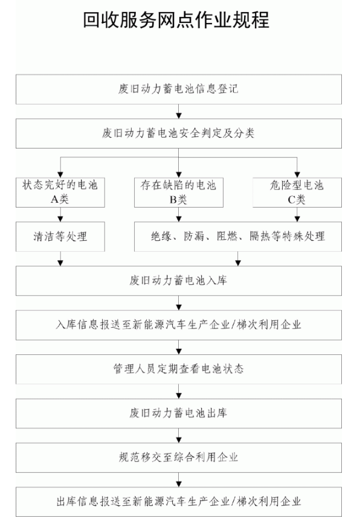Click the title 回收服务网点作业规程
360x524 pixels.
pos(176,20)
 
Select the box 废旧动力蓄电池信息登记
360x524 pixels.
pos(179,89)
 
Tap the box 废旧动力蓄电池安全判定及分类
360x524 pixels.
pos(179,133)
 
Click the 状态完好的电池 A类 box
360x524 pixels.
pos(60,193)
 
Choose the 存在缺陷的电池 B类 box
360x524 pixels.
pos(179,193)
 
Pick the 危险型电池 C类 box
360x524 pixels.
pos(297,193)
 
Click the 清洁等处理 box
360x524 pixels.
pos(60,237)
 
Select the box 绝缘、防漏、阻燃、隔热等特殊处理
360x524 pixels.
pos(238,237)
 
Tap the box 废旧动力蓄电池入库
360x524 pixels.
pos(179,281)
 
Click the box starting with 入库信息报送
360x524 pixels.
pos(179,325)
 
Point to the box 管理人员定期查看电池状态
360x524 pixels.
pos(179,369)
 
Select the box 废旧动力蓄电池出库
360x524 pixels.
pos(179,414)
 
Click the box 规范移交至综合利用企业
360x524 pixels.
pos(179,458)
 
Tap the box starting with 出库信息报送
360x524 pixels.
pos(179,502)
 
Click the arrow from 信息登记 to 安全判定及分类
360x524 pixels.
pos(179,111)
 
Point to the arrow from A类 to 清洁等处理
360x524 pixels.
pos(60,214)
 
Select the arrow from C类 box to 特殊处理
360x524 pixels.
pos(297,214)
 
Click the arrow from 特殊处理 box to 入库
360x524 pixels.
pos(238,258)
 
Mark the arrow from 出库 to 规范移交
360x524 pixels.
pos(179,435)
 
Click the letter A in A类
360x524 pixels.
pos(54,200)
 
